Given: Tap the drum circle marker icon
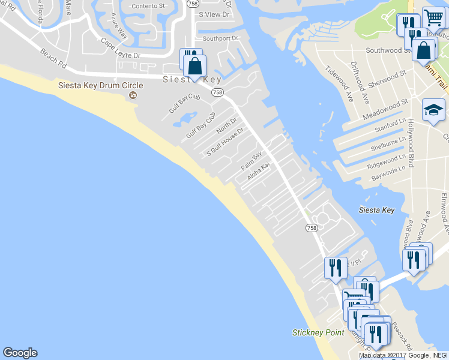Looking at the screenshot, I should [x=133, y=95].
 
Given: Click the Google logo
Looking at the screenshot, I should [x=20, y=353].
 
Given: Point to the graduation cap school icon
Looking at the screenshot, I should [x=433, y=110].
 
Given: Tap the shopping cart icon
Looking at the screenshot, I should [x=433, y=17].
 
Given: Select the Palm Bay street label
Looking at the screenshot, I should [x=252, y=161].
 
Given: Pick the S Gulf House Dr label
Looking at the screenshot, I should [x=225, y=141].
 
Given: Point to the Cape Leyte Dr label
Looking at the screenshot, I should [x=120, y=49].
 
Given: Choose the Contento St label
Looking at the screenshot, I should [x=148, y=6].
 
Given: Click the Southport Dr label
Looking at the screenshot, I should [x=220, y=38].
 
